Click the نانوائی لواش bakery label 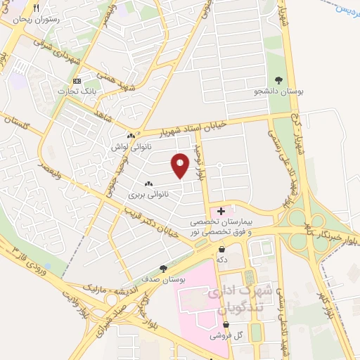point(131,146)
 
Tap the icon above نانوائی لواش point(131,136)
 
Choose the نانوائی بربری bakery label point(149,192)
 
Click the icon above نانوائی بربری point(148,183)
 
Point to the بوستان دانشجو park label point(279,91)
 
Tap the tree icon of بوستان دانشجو point(279,80)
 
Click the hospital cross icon point(221,211)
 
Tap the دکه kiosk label point(222,259)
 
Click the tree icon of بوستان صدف point(163,268)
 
